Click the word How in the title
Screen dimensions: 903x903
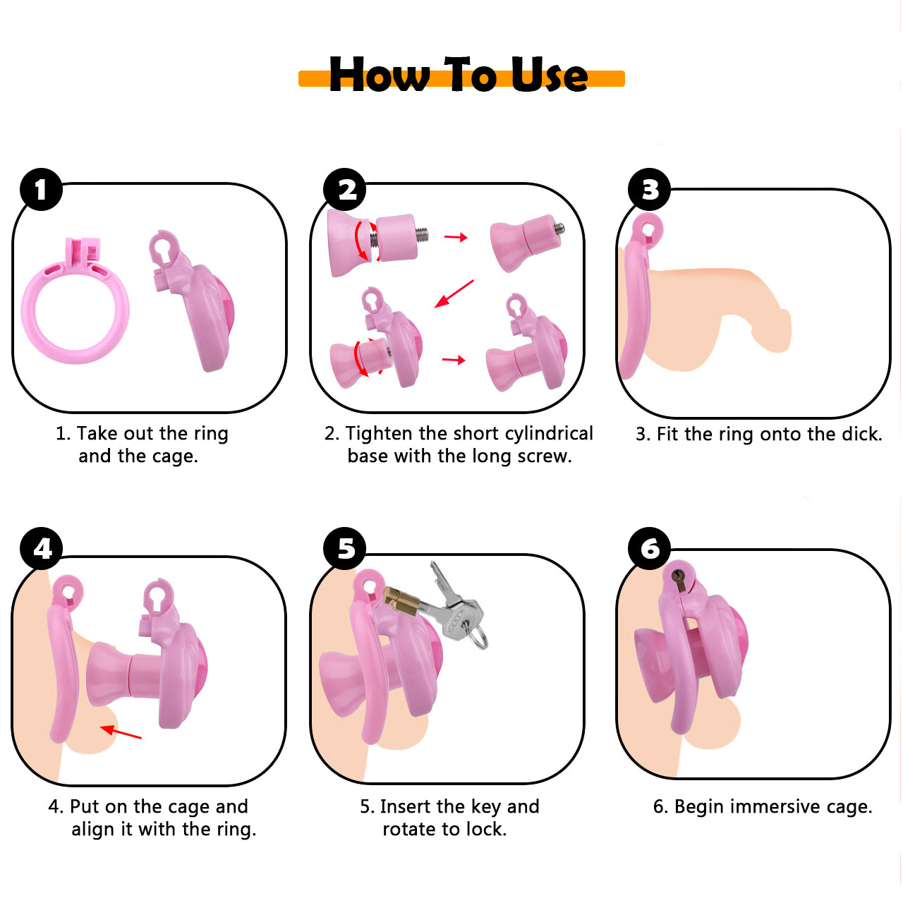379,74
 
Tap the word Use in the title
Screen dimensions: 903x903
549,74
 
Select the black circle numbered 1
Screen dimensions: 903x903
41,189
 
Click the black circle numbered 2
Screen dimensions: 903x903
345,189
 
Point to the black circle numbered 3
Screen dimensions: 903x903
650,189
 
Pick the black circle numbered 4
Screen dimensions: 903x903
41,548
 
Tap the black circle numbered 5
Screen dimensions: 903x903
345,548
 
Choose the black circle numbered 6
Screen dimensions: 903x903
650,548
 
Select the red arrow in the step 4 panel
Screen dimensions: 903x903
121,733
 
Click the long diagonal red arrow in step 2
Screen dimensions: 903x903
454,293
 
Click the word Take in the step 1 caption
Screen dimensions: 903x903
97,433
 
